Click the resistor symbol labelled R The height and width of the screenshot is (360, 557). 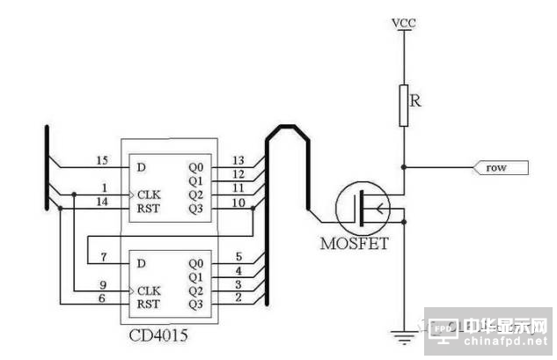point(404,104)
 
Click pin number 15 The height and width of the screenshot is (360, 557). point(102,160)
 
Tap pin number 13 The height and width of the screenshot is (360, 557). point(238,160)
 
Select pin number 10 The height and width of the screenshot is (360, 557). point(238,203)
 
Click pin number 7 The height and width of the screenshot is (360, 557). point(103,256)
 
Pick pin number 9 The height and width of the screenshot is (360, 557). point(103,284)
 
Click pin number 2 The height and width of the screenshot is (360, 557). point(238,298)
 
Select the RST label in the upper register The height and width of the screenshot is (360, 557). point(147,209)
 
